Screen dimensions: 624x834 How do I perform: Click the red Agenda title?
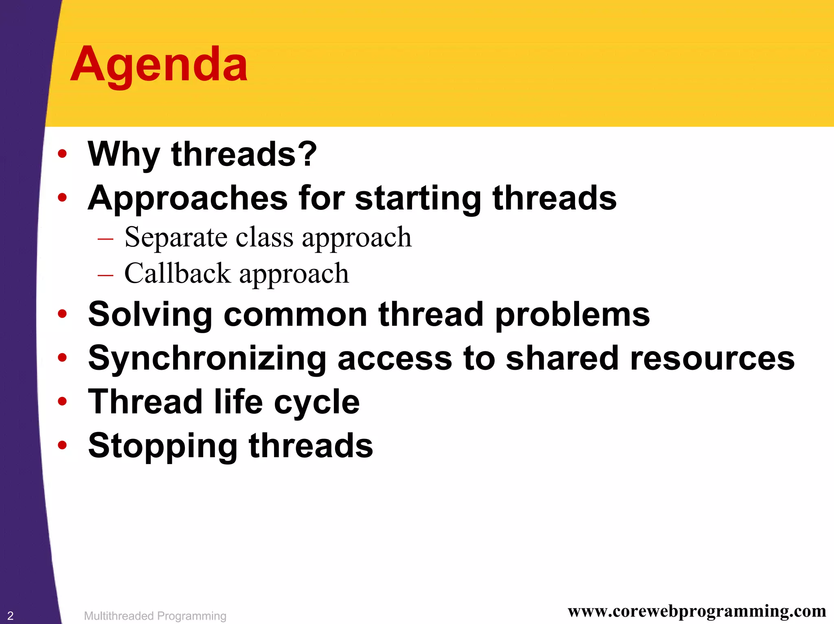click(x=159, y=65)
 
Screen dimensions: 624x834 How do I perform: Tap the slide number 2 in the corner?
click(x=10, y=615)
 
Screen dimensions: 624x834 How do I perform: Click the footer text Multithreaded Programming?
click(x=155, y=616)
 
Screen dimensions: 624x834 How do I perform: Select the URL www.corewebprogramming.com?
click(x=697, y=611)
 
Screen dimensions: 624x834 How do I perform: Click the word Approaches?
click(x=188, y=199)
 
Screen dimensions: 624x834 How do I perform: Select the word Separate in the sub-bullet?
click(x=176, y=237)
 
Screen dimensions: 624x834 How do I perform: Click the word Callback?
click(x=177, y=273)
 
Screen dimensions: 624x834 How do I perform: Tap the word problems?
click(x=572, y=315)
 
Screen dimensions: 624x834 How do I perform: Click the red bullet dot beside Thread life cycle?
click(x=62, y=402)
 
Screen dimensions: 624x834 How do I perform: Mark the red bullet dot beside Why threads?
click(x=62, y=154)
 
